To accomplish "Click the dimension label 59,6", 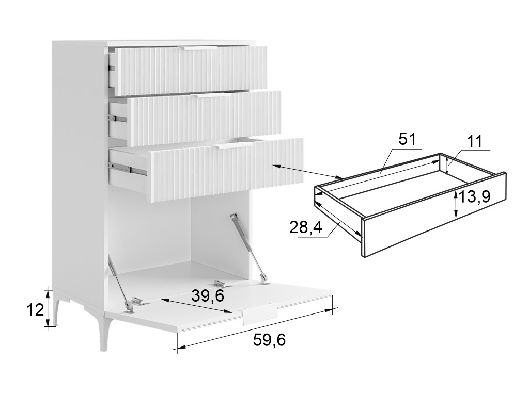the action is click(269, 340).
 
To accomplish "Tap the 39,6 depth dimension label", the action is click(208, 295).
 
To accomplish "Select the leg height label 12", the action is click(35, 309).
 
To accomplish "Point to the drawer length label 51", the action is click(408, 139).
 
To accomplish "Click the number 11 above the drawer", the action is click(475, 142).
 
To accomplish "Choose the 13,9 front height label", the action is click(474, 196).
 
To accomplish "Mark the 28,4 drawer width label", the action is click(306, 228).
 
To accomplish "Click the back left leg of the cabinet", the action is click(55, 308).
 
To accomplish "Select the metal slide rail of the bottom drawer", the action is click(128, 169).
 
